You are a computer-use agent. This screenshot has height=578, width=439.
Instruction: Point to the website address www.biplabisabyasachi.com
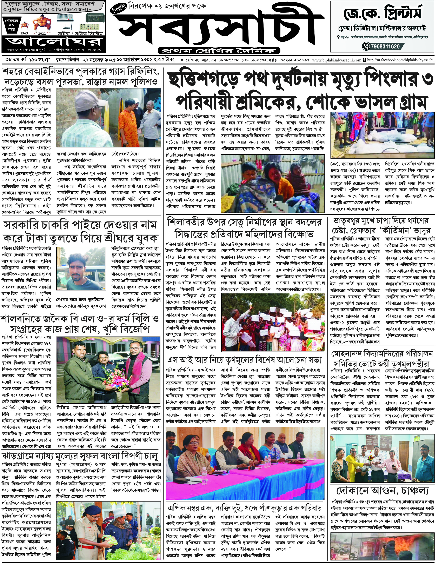(x=337, y=60)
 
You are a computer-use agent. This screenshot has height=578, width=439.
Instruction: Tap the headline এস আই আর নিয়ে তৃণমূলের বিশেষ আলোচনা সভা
(x=244, y=360)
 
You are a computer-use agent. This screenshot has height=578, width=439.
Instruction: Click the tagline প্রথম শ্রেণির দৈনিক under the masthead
(x=219, y=50)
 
